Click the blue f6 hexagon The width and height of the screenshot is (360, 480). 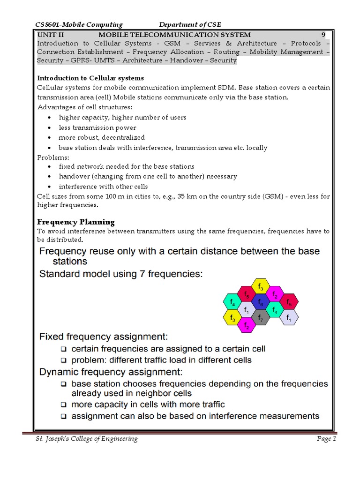[260, 303]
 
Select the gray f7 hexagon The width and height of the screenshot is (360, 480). [260, 318]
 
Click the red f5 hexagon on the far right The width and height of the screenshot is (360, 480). [289, 302]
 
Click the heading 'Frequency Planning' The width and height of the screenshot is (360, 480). [76, 222]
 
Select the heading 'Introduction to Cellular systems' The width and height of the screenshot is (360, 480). [90, 78]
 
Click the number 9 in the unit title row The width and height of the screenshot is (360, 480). [323, 35]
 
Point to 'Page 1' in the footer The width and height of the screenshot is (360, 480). [326, 439]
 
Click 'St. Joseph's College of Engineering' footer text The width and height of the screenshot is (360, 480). [87, 439]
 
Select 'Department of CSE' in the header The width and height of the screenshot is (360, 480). [190, 24]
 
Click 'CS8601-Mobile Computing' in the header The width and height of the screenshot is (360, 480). [79, 24]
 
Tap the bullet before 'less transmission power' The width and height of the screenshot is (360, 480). [50, 128]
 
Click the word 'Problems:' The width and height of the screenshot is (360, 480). [52, 157]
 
